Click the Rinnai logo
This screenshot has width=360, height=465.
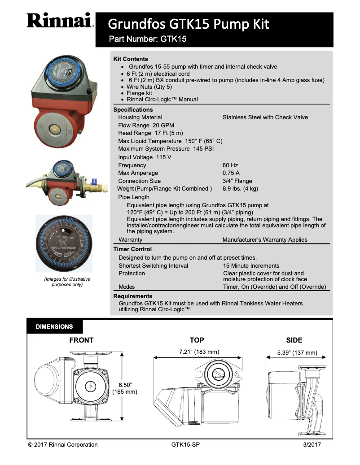pos(60,21)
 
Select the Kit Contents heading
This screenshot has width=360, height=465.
pos(131,59)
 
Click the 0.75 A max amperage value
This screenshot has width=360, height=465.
pos(231,173)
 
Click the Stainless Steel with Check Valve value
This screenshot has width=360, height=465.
pos(265,117)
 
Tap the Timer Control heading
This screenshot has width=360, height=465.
pos(132,249)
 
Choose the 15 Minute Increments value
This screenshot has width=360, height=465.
pos(251,266)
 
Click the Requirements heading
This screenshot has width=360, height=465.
pos(133,296)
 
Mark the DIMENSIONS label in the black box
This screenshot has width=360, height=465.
pos(54,327)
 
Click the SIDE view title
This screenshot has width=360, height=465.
pos(294,340)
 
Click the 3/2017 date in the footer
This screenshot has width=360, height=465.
pos(312,445)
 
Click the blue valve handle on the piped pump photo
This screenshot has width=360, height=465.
pos(94,182)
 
